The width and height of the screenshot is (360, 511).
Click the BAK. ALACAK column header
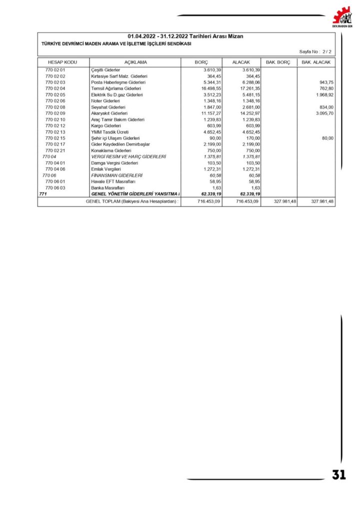tap(316, 62)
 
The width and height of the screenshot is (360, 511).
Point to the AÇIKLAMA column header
tap(135, 62)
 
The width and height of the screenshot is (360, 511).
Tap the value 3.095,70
tap(324, 113)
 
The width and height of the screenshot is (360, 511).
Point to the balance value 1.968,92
tap(324, 95)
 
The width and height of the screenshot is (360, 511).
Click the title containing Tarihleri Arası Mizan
tap(186, 36)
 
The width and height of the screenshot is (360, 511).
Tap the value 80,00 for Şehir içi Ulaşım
tap(327, 138)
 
